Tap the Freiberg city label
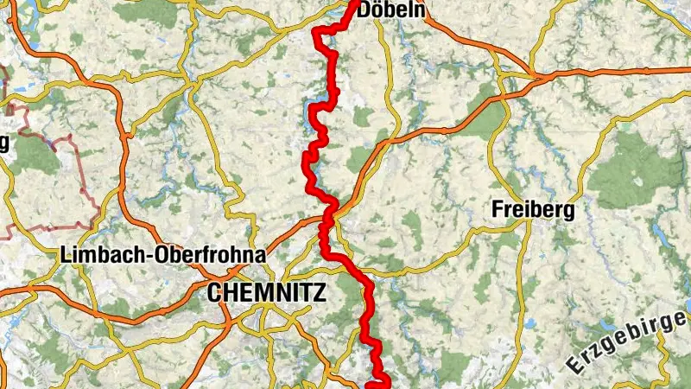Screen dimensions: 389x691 tap(532, 209)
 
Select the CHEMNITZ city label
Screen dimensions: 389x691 tap(267, 293)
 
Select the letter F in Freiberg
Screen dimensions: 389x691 tap(496, 209)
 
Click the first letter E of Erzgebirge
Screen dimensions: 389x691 tap(574, 365)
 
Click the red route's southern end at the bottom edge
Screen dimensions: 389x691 tap(377, 386)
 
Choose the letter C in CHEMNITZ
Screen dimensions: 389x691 tap(214, 293)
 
